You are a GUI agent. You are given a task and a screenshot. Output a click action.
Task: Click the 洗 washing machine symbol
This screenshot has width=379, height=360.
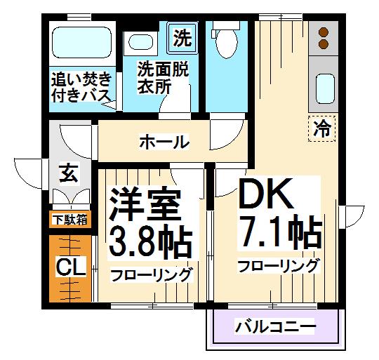[x=182, y=38]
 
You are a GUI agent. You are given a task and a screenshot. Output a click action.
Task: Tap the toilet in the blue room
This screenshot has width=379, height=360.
[x=227, y=44]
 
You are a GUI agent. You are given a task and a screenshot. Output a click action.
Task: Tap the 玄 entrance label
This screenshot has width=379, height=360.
[x=69, y=172]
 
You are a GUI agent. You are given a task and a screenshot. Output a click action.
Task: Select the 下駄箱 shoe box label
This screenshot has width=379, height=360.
[x=69, y=220]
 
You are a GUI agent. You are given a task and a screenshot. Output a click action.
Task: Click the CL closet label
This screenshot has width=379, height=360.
[x=71, y=267]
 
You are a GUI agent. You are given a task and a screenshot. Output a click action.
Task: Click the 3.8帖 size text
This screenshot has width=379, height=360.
[x=150, y=242]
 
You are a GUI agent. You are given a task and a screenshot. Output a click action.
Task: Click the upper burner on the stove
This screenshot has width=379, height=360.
[x=324, y=32]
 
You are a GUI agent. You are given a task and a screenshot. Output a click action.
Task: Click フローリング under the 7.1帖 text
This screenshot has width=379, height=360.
[x=278, y=266]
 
